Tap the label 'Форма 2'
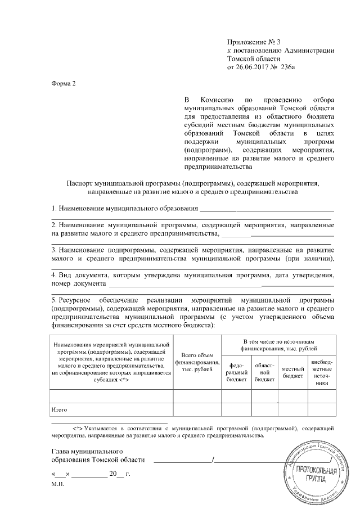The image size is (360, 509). [x=62, y=83]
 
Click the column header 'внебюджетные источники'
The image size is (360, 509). [x=322, y=371]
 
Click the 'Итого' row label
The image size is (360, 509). [x=59, y=409]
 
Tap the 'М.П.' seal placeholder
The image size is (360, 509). [x=57, y=484]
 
